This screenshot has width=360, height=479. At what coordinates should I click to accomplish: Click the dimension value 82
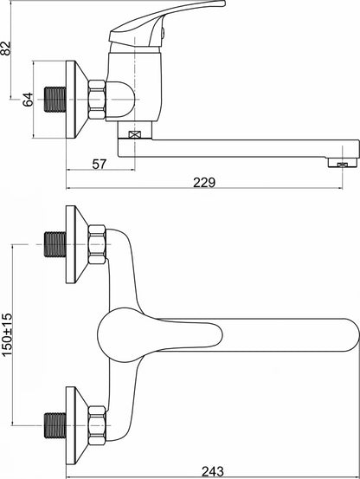6,48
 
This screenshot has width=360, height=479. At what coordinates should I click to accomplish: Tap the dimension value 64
28,100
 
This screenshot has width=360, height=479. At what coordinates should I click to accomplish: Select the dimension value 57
100,165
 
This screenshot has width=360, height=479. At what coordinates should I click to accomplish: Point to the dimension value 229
204,183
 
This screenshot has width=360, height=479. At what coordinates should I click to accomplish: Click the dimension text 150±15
7,334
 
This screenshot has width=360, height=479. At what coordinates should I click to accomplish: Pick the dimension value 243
213,472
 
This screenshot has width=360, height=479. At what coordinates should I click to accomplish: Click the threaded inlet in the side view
55,100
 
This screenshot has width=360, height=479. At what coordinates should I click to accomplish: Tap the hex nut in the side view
97,100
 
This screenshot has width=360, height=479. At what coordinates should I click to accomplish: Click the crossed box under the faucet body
135,134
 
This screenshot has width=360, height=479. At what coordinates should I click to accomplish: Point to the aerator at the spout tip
343,163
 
